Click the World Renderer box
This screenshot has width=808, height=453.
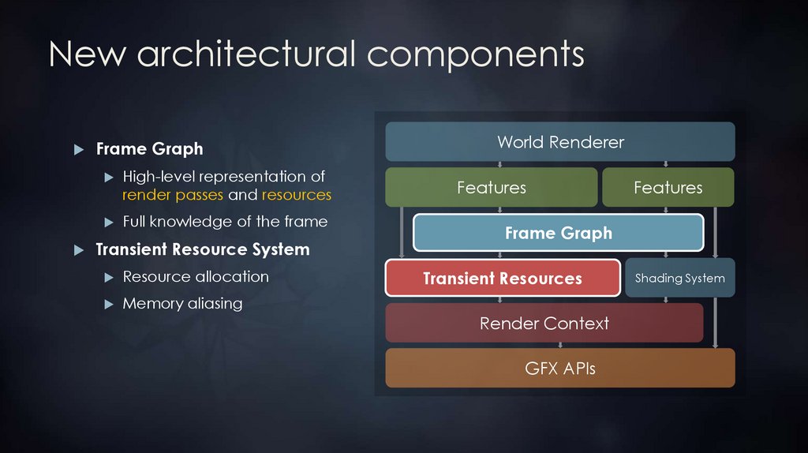tap(560, 142)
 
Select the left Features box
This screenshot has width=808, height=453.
tap(491, 188)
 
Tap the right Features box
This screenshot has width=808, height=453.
tap(668, 188)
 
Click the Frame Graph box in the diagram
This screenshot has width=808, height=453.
tap(558, 233)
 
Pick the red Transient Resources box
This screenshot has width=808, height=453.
tap(503, 278)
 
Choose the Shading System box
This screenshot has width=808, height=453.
tap(679, 278)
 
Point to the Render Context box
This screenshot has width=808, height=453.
tap(544, 323)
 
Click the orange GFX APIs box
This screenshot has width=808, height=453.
tap(560, 368)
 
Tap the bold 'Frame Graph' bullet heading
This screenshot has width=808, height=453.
tap(149, 148)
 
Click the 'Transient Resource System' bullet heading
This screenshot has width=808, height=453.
tap(202, 249)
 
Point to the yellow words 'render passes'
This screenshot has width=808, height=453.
tap(173, 194)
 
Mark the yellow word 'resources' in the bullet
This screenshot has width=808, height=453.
tap(297, 194)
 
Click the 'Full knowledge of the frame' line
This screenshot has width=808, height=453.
tap(225, 222)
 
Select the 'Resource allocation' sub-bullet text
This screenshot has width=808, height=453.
tap(196, 276)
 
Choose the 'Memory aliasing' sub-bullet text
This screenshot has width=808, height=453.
tap(182, 303)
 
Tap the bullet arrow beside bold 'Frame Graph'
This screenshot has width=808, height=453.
tap(77, 149)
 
